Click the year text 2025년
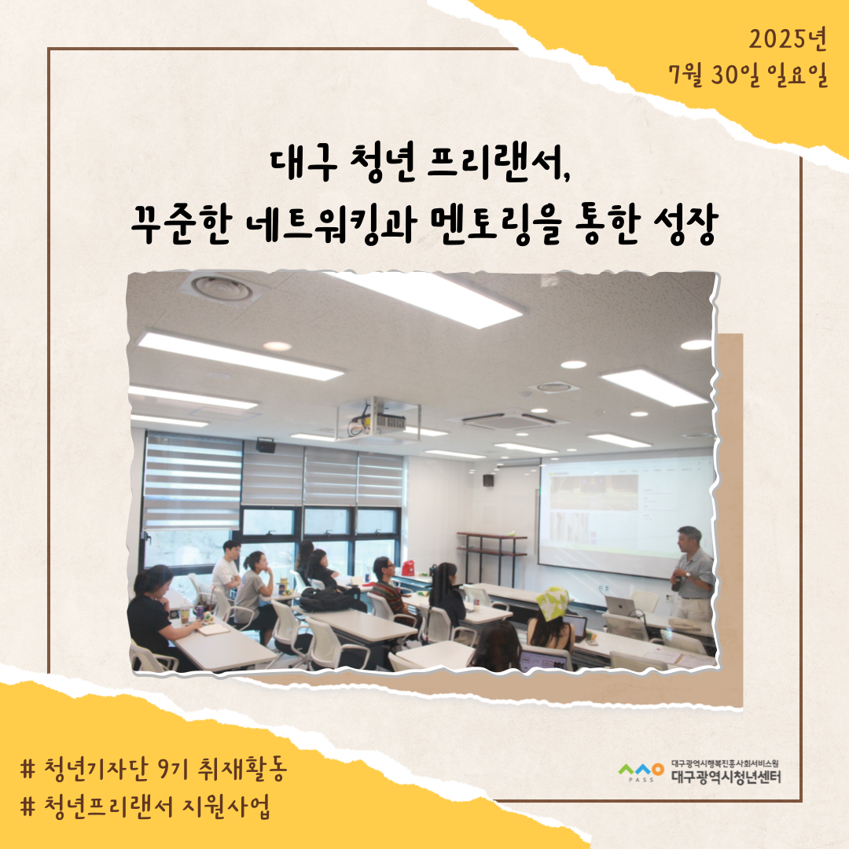pos(788,39)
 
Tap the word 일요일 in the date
pos(796,75)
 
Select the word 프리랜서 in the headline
pos(497,162)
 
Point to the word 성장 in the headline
pos(685,223)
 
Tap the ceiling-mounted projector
pos(377,418)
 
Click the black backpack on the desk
pos(328,598)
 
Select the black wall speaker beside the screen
pos(488,480)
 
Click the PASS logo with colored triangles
pos(641,771)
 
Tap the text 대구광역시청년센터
pos(726,777)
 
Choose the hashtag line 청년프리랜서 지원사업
pos(145,807)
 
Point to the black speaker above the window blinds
pos(266,445)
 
